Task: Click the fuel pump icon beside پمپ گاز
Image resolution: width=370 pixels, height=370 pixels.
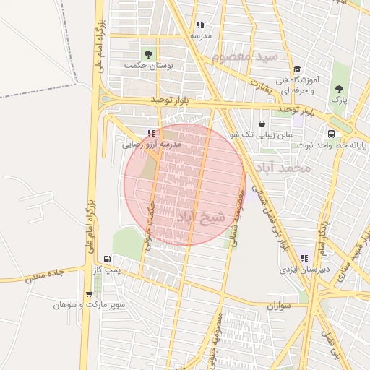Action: click(108, 259)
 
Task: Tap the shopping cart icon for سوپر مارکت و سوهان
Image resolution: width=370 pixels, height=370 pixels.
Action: click(88, 294)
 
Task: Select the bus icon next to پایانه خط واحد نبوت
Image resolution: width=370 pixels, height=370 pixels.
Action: click(330, 134)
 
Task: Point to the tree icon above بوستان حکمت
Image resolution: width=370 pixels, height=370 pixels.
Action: click(148, 54)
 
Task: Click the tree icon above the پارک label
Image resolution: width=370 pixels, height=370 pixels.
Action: click(339, 89)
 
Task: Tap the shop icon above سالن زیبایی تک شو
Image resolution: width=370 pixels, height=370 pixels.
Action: click(261, 124)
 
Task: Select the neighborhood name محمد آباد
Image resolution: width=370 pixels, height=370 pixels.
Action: click(287, 168)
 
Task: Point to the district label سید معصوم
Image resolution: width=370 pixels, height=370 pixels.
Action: click(246, 56)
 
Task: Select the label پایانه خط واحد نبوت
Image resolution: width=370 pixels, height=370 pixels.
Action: click(330, 145)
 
